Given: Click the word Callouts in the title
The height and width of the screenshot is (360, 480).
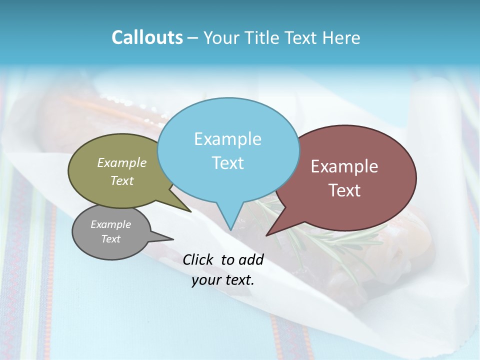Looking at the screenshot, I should pyautogui.click(x=147, y=37).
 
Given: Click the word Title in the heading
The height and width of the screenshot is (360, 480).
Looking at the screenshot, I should pyautogui.click(x=261, y=38).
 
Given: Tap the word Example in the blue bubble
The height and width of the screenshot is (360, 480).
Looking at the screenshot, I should pyautogui.click(x=227, y=139).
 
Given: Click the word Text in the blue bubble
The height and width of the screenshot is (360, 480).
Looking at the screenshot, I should pyautogui.click(x=227, y=163).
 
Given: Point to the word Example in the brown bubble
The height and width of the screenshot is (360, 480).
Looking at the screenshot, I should pyautogui.click(x=344, y=166).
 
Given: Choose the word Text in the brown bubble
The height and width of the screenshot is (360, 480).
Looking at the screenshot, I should pyautogui.click(x=344, y=190).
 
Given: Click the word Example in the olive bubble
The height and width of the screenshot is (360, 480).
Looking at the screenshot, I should pyautogui.click(x=121, y=162).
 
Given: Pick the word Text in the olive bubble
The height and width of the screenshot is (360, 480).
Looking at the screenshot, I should pyautogui.click(x=121, y=181).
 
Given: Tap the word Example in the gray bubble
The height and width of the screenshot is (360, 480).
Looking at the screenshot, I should pyautogui.click(x=110, y=224).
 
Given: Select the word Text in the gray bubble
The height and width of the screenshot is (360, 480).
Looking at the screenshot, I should pyautogui.click(x=110, y=239).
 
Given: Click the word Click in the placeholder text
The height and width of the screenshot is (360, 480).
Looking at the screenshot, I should pyautogui.click(x=198, y=259).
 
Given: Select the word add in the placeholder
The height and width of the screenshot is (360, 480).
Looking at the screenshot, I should pyautogui.click(x=251, y=259).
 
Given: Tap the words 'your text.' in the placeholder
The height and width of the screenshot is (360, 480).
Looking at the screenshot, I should pyautogui.click(x=223, y=280).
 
